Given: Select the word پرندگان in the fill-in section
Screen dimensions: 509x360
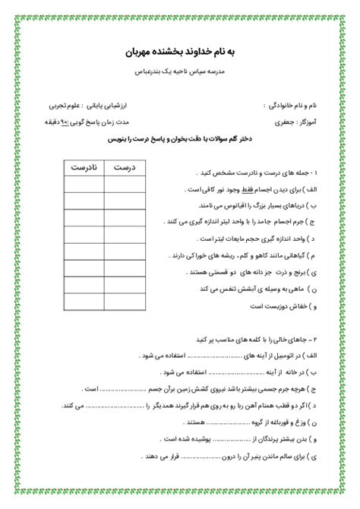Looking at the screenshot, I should pyautogui.click(x=228, y=439).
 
